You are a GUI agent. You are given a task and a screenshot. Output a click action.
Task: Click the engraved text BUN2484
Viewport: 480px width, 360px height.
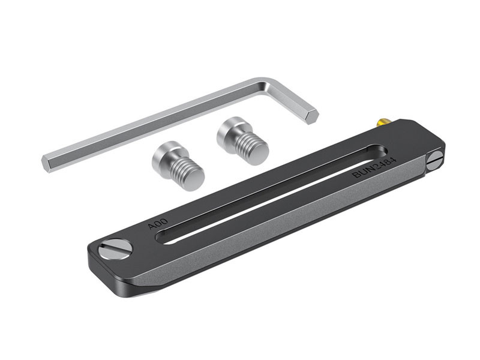[374, 168]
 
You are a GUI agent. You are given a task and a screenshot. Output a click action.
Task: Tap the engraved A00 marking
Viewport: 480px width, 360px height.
[158, 224]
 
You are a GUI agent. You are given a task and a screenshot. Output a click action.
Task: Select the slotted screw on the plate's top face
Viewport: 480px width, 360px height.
[115, 250]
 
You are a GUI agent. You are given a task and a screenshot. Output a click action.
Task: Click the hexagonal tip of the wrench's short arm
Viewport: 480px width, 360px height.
[312, 116]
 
